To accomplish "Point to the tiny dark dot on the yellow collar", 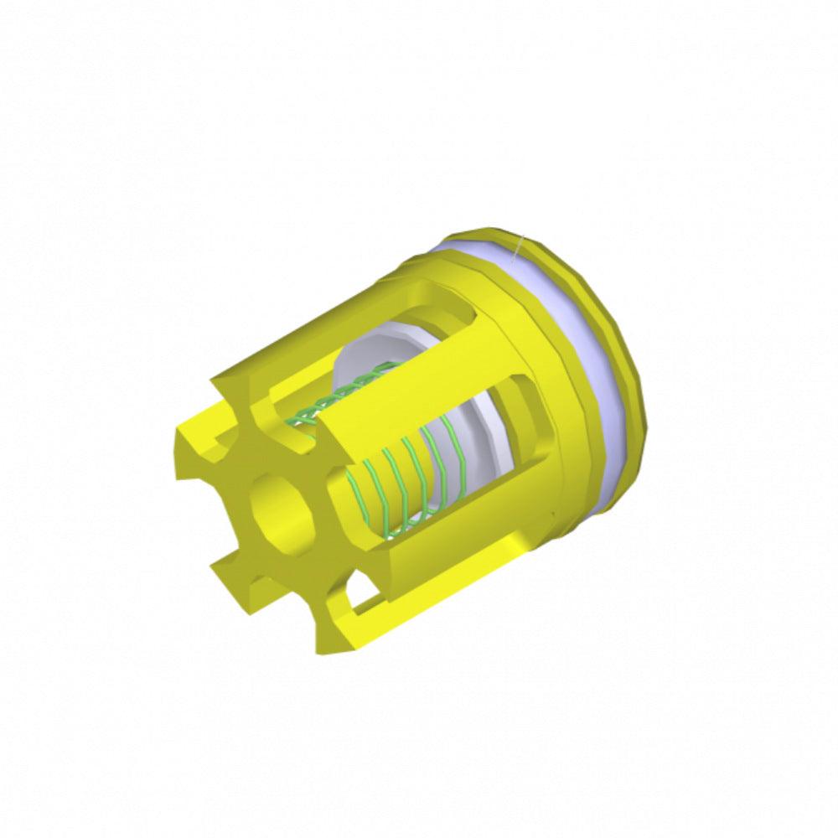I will (x=552, y=513).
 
